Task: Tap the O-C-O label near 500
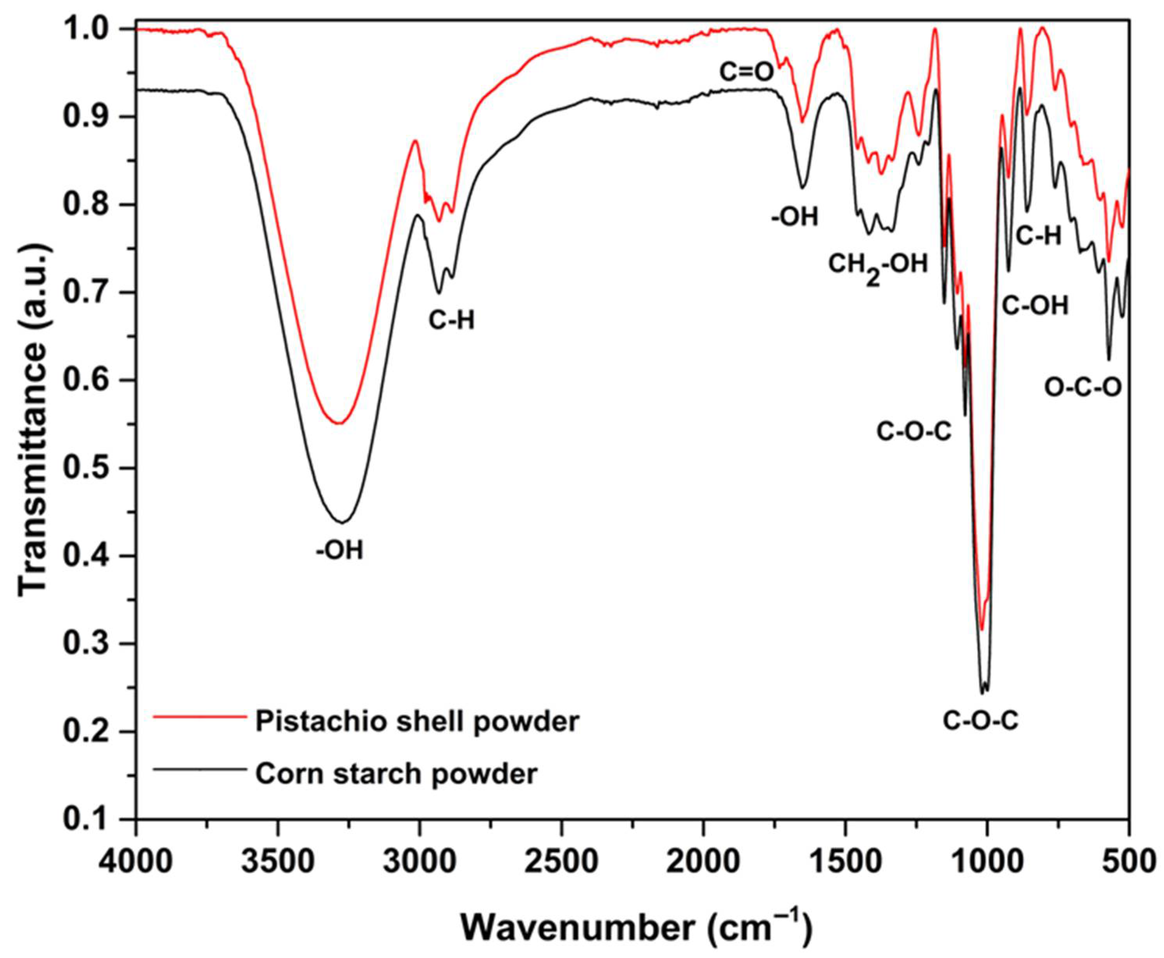pos(1083,388)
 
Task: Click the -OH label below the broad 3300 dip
pos(340,551)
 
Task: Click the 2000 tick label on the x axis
pos(703,862)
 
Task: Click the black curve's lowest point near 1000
pos(982,693)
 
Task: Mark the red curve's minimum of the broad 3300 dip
pos(341,423)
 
